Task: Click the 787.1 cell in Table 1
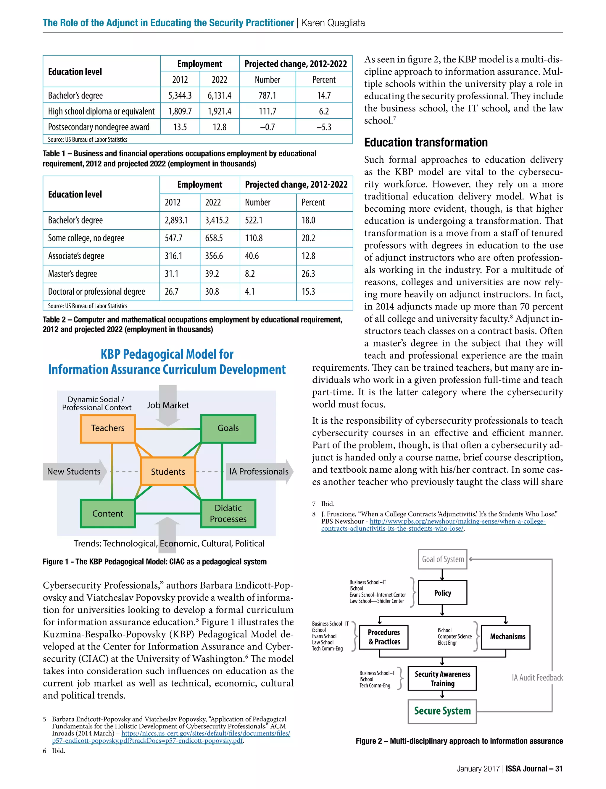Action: point(267,95)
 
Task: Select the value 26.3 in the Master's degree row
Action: point(308,274)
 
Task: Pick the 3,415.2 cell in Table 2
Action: point(217,220)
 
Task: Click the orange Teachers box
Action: point(107,428)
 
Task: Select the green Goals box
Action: point(228,428)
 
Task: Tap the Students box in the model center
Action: point(168,472)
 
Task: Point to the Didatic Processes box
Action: point(228,513)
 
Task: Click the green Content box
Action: point(107,513)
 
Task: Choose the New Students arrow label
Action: point(74,472)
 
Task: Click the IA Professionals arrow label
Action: point(259,472)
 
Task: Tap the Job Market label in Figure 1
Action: point(168,405)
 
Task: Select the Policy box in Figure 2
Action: point(443,593)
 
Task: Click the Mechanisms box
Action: point(507,636)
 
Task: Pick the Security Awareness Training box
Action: point(442,678)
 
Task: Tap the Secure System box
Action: point(442,711)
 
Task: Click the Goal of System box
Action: point(443,559)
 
